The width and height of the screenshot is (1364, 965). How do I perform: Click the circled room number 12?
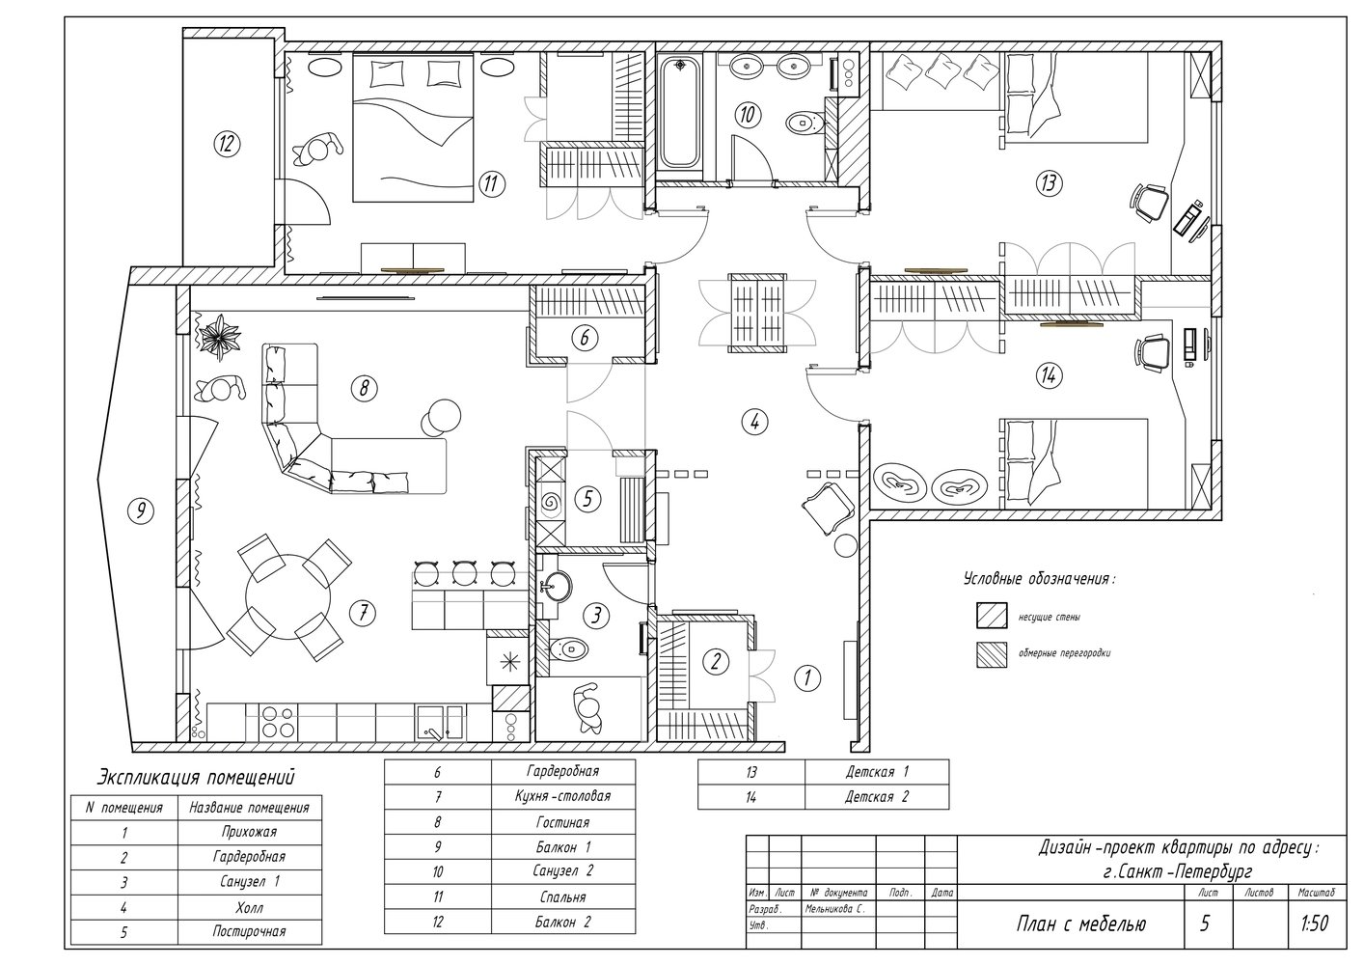227,145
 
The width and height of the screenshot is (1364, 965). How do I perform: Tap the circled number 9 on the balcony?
141,510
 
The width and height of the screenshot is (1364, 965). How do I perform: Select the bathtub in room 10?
680,112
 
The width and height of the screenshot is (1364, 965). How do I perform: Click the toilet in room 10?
805,123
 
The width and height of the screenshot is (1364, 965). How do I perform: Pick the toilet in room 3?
568,648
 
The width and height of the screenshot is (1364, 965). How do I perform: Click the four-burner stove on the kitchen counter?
278,722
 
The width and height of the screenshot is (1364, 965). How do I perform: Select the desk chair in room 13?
1150,203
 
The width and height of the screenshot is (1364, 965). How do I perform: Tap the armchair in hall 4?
828,508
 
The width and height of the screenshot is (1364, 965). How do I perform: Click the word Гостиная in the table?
562,822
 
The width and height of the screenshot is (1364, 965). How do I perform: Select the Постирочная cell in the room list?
249,931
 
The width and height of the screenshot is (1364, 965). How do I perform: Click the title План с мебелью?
1080,924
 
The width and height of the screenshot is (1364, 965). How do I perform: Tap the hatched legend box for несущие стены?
992,616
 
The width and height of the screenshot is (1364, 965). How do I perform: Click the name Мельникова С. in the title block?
834,909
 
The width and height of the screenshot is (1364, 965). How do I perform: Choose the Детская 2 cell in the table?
876,797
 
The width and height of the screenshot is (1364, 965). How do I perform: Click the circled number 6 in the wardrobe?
585,337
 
